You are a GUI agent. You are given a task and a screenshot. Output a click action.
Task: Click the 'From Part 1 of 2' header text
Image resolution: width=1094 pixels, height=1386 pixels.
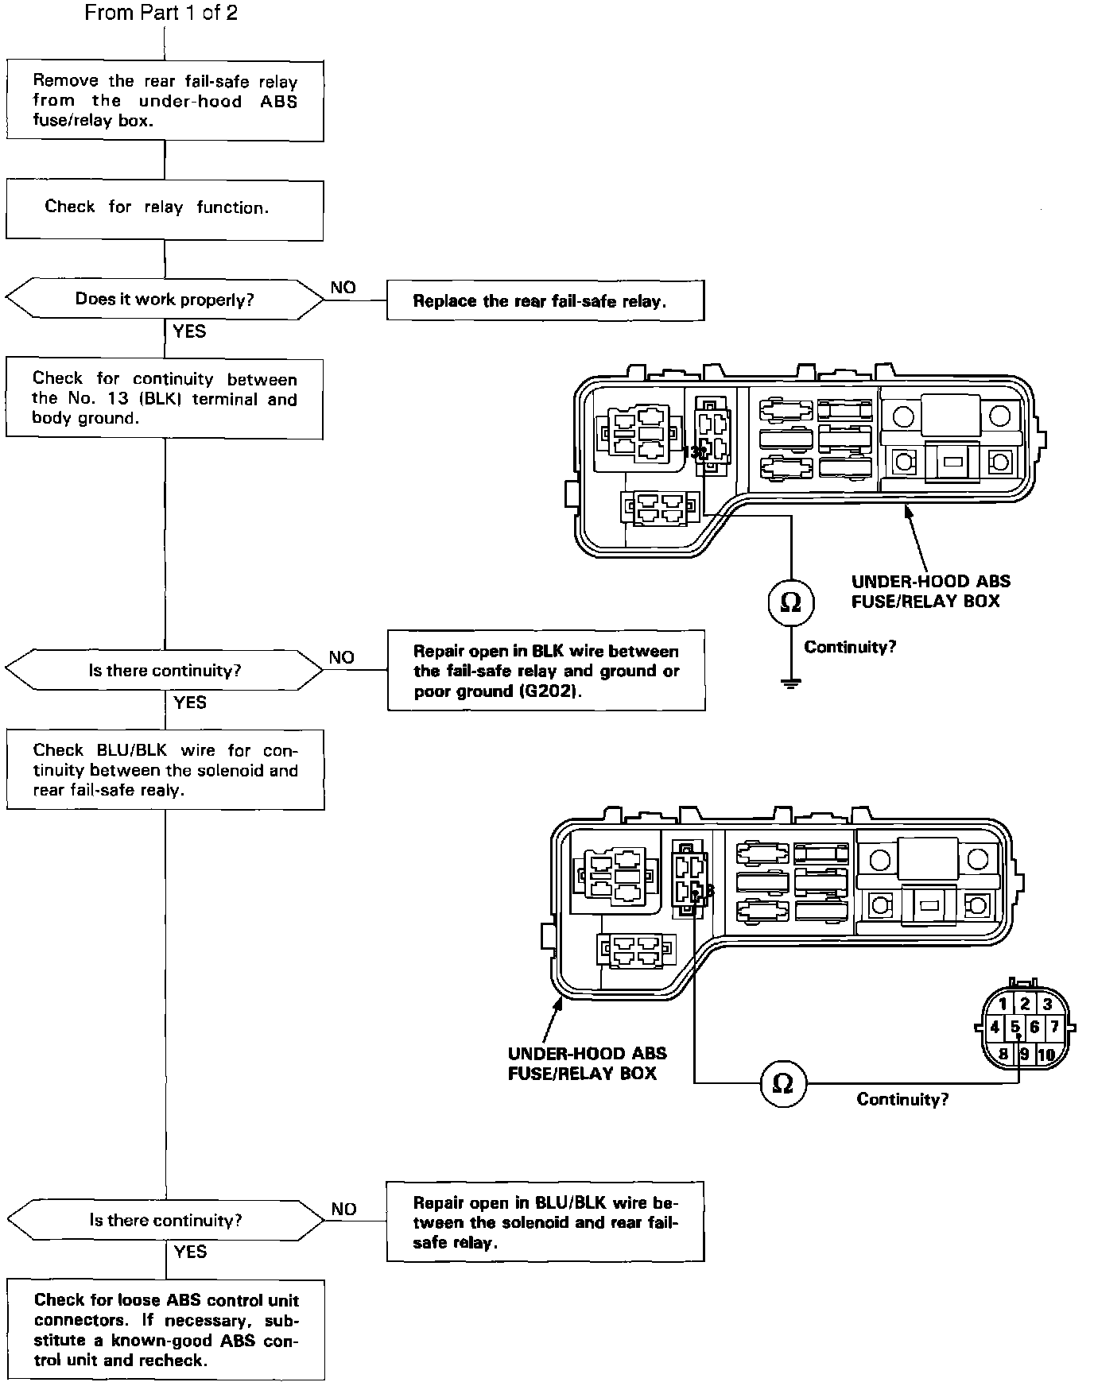[161, 13]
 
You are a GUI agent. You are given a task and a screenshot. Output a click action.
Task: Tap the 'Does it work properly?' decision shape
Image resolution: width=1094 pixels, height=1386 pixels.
[165, 300]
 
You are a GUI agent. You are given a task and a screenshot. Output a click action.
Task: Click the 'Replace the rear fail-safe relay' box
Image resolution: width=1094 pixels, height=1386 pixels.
[545, 300]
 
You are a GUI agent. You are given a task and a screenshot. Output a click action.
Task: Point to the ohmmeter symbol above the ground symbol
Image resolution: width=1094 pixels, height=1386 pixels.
[790, 603]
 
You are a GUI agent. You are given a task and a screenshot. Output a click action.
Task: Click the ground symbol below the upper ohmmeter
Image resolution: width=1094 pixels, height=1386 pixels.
[790, 683]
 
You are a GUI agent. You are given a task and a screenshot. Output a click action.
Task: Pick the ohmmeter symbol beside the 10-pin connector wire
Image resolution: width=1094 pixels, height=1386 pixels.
[782, 1083]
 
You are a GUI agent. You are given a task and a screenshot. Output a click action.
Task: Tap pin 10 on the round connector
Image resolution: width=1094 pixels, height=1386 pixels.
[1046, 1055]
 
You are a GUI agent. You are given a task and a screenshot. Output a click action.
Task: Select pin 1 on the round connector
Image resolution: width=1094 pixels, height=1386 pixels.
[1003, 1005]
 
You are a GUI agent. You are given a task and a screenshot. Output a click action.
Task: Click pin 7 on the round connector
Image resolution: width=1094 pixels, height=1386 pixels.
[1055, 1027]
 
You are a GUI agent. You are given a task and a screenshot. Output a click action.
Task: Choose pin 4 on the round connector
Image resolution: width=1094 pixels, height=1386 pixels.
[994, 1027]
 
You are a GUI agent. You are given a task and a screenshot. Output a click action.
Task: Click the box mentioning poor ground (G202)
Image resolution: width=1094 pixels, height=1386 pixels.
[546, 671]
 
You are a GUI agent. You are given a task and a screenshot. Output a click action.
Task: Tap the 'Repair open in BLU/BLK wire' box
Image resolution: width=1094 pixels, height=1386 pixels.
[545, 1221]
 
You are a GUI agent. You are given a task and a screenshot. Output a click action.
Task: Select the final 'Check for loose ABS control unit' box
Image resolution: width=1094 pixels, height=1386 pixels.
[165, 1330]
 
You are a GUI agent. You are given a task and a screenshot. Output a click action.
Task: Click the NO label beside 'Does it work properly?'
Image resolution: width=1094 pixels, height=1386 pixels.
[343, 288]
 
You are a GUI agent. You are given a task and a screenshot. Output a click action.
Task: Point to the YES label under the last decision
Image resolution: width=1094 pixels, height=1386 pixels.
[190, 1252]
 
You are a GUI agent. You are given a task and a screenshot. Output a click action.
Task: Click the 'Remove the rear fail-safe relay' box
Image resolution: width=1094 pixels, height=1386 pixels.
[165, 101]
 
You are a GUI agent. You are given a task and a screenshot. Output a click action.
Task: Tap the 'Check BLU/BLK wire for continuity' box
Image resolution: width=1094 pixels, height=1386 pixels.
[165, 770]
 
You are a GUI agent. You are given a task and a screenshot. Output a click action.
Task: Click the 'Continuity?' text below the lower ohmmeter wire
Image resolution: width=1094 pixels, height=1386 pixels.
[902, 1100]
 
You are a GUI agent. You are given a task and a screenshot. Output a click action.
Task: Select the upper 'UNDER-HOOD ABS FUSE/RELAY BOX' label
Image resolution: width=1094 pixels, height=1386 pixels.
[931, 591]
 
